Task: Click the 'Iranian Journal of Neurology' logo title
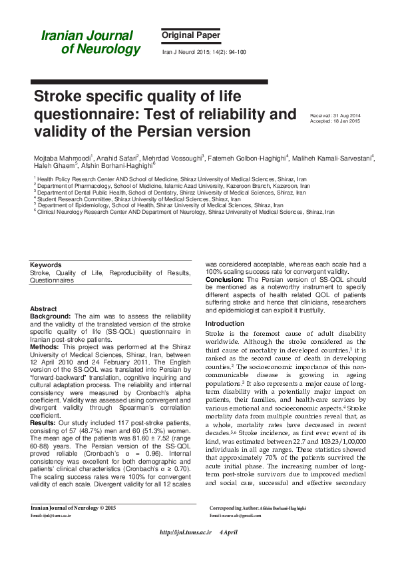(x=91, y=42)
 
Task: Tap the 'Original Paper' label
(x=190, y=35)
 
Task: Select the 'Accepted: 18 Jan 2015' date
(x=336, y=122)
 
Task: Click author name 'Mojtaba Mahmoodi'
(x=63, y=159)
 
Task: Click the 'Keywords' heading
(x=46, y=265)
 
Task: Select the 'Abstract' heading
(x=44, y=309)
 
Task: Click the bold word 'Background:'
(x=52, y=317)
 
